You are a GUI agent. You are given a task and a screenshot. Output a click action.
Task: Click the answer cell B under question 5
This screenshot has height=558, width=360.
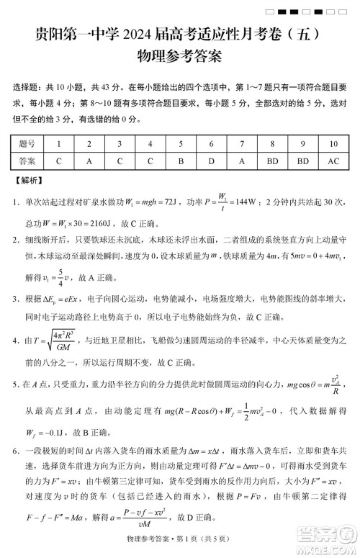(x=181, y=161)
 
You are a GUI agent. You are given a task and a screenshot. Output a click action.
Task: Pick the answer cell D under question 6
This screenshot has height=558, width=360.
(x=211, y=161)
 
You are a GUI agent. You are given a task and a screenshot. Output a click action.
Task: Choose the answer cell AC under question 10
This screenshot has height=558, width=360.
(x=333, y=161)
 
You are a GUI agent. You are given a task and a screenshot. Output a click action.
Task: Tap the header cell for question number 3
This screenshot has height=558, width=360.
(x=120, y=144)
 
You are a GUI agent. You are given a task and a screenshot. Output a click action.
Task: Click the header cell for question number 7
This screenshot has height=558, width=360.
(x=242, y=144)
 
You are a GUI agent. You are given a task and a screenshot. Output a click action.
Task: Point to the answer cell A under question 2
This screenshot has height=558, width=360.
(x=89, y=161)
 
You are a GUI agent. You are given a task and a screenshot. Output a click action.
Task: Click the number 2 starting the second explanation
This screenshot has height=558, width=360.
(x=16, y=233)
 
